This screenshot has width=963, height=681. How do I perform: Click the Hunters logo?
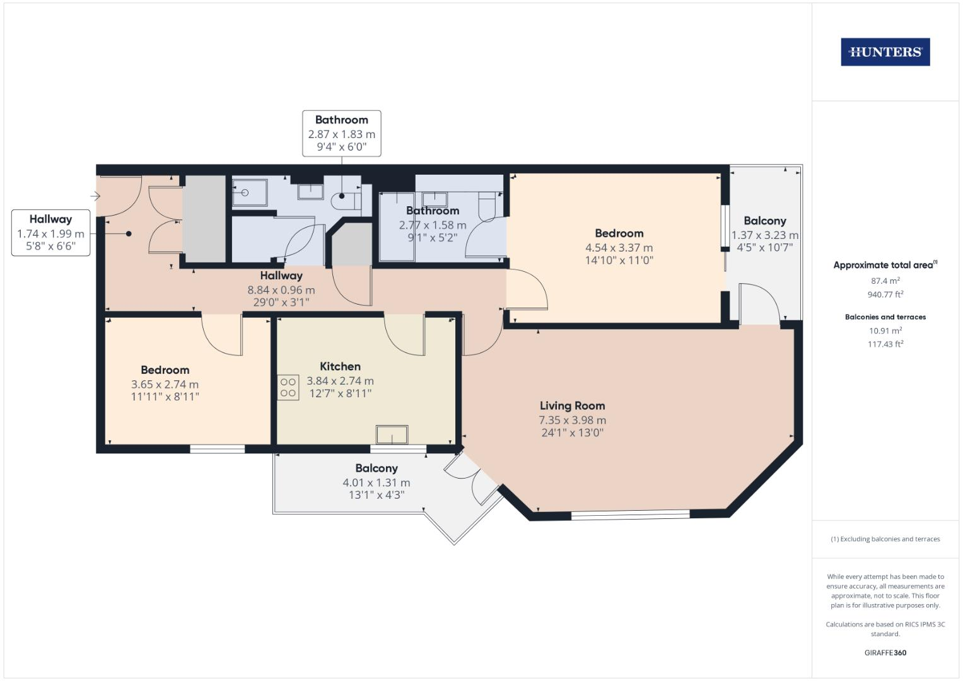tap(885, 52)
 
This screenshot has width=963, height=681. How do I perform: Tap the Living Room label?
tap(572, 406)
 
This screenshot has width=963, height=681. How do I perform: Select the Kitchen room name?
tap(340, 366)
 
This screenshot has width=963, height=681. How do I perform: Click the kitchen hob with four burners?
tap(288, 387)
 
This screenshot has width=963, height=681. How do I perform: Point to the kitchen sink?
tap(392, 435)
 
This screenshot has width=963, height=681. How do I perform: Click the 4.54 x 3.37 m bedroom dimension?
tap(619, 248)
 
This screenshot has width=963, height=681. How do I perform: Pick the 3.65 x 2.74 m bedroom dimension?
tap(165, 384)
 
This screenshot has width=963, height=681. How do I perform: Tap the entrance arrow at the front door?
tap(95, 197)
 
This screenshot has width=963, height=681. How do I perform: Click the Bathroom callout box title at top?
tap(341, 120)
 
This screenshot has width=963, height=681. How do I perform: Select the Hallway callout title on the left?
tap(50, 219)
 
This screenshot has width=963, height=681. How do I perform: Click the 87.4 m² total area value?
tap(885, 281)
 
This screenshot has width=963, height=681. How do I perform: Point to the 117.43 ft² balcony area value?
tap(885, 344)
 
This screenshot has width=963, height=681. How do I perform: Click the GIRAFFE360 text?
tap(885, 653)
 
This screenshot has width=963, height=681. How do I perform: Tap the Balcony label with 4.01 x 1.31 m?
tap(376, 469)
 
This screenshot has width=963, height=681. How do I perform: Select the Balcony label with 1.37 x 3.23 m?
tap(764, 221)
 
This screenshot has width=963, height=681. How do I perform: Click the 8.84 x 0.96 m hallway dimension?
tap(281, 290)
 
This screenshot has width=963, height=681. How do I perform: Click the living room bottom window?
tap(630, 515)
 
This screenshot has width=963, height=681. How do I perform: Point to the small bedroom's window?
tap(218, 449)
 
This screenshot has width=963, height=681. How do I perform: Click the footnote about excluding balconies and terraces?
tap(885, 539)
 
